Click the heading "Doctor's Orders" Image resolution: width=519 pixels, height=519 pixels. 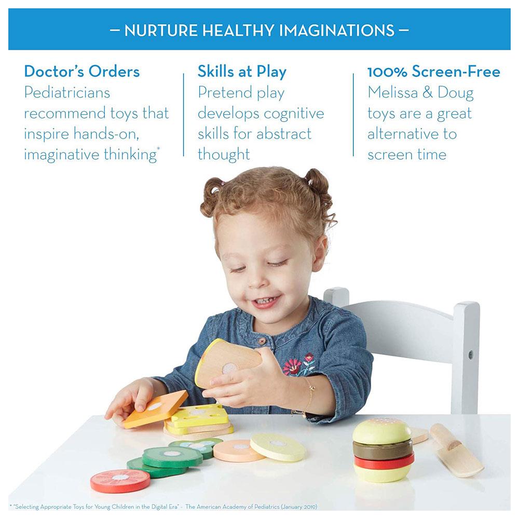(82, 72)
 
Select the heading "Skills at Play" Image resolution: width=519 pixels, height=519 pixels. (242, 72)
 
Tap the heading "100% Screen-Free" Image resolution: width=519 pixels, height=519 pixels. (433, 72)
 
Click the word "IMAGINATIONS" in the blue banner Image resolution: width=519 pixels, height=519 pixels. (337, 31)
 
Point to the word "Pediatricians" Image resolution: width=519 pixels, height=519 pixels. (67, 92)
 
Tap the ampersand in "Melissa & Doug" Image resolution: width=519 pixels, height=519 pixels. (428, 93)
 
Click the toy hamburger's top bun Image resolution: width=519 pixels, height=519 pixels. (381, 430)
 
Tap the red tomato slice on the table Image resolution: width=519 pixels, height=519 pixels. (120, 481)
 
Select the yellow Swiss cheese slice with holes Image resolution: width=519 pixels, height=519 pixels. (200, 415)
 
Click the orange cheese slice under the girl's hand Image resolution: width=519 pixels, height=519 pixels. (155, 408)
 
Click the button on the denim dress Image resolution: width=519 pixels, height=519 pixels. (262, 340)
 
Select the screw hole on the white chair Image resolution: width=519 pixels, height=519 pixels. (470, 356)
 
